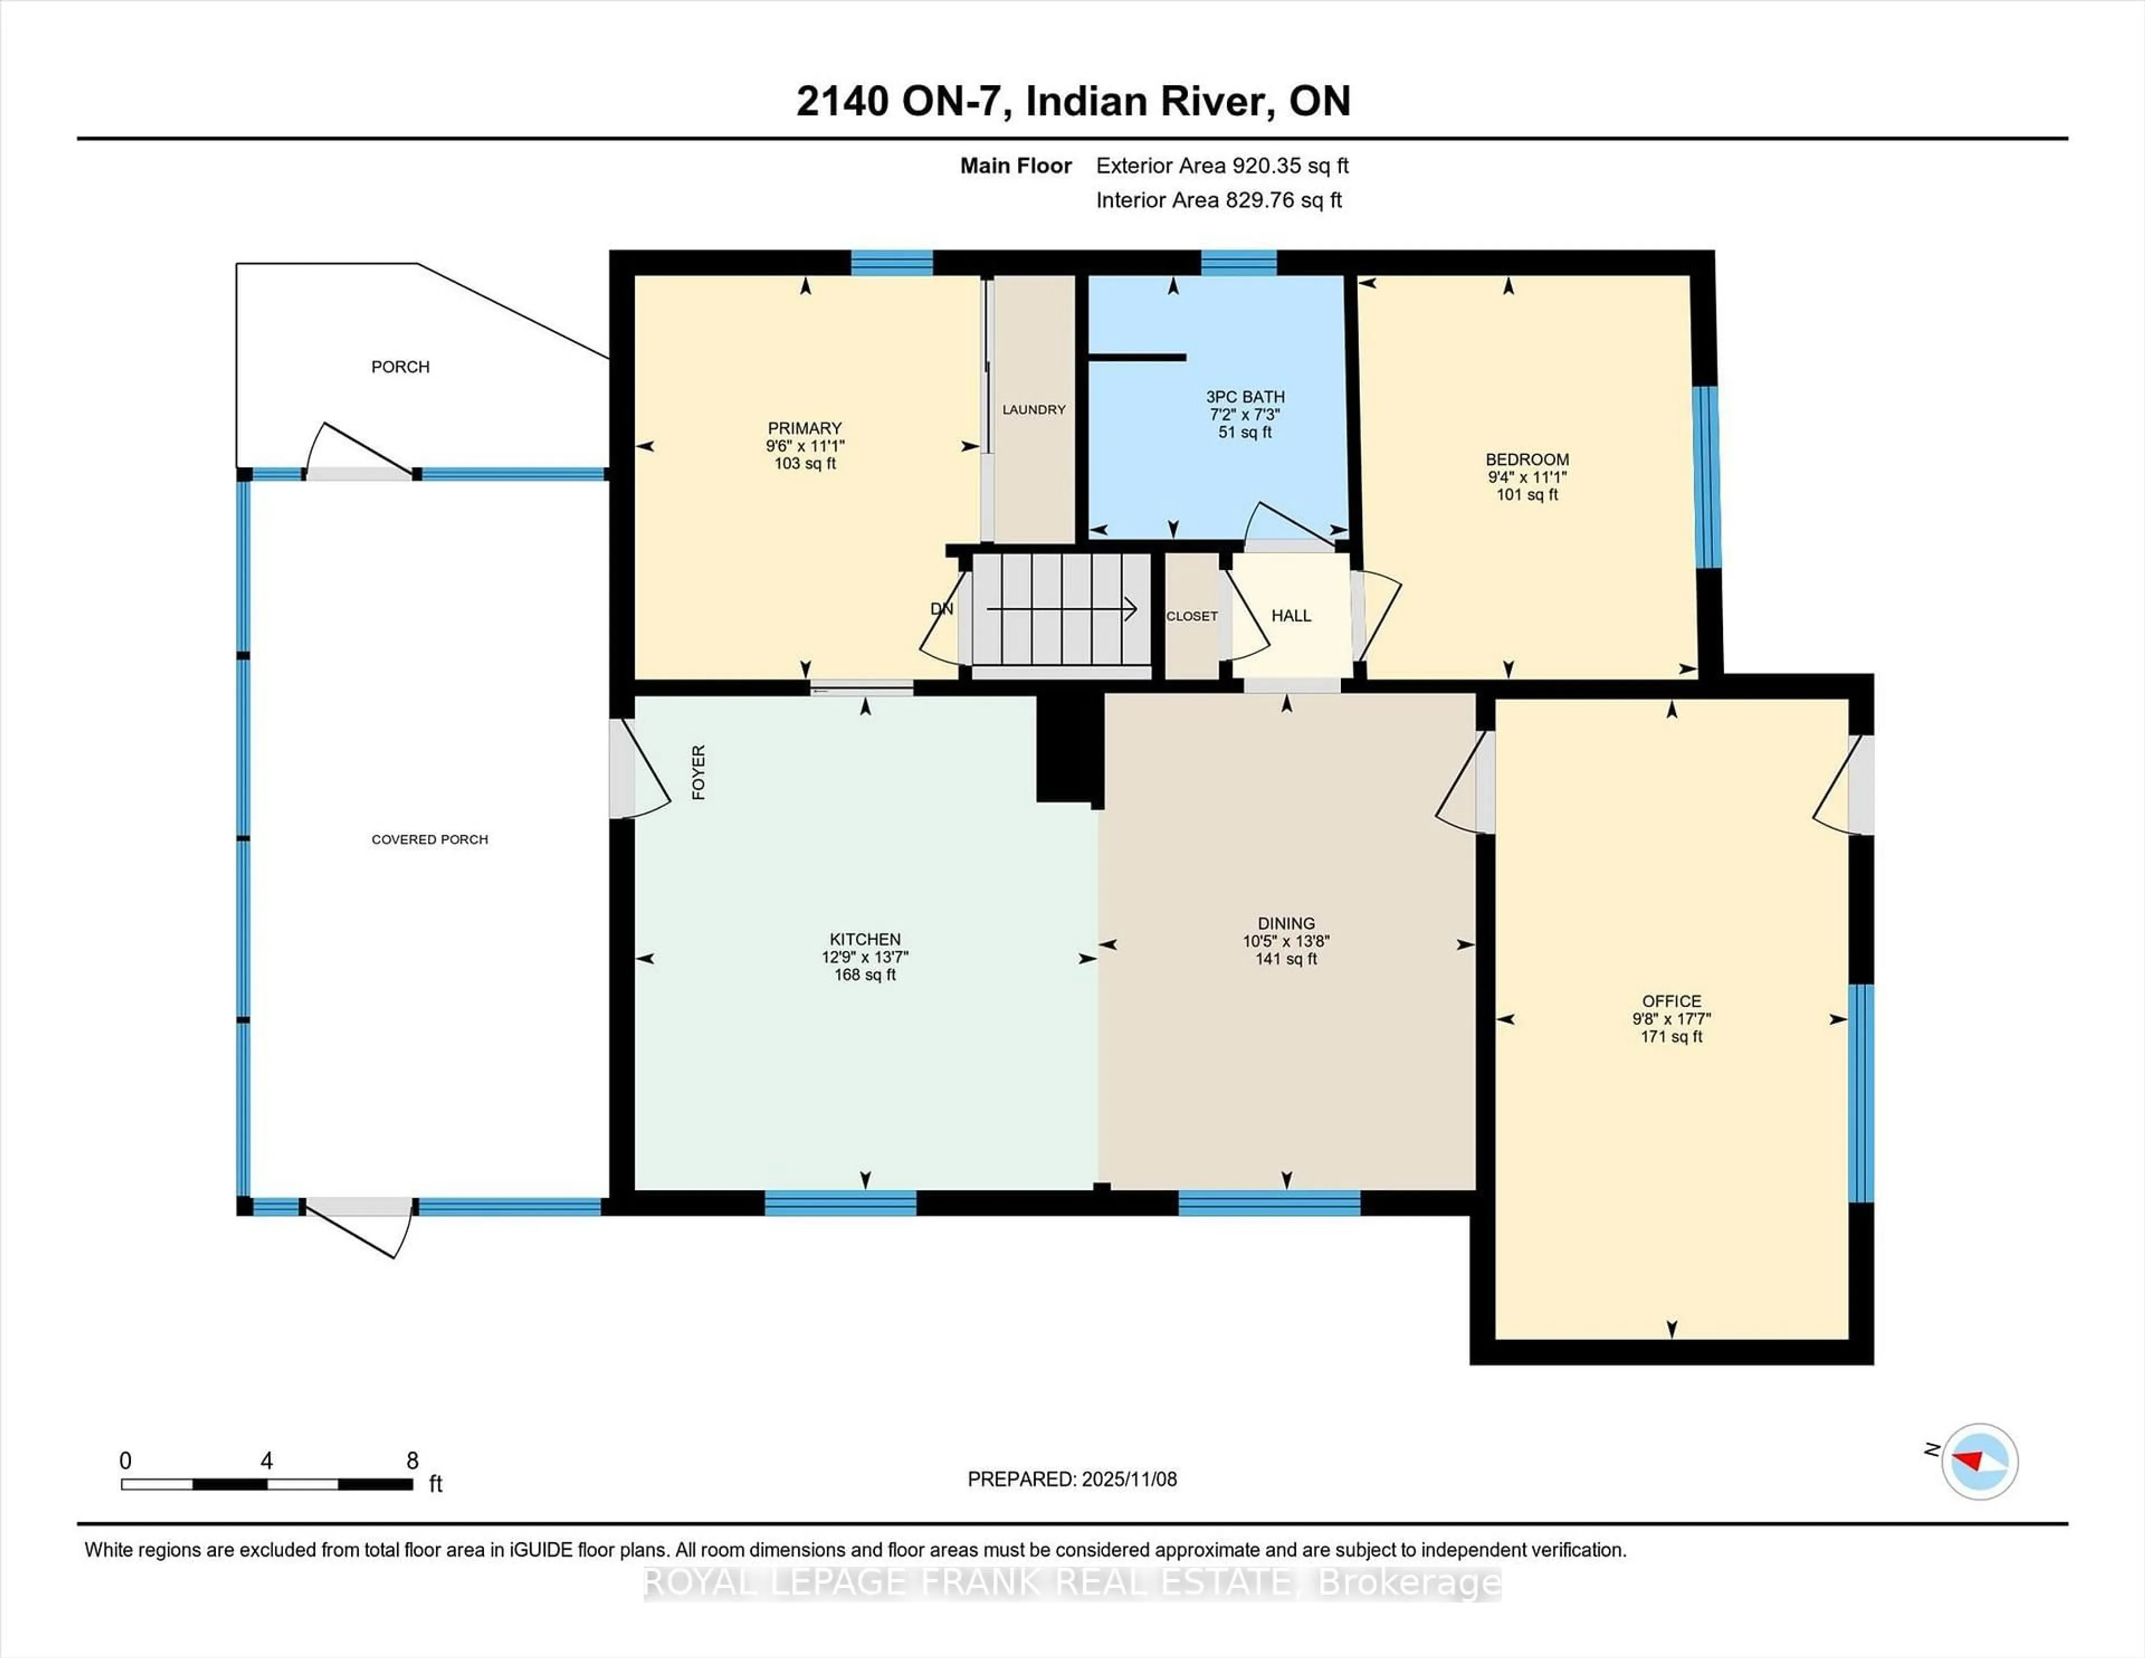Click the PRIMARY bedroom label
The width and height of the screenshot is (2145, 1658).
tap(804, 428)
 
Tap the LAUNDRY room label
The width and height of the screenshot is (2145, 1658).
tap(1033, 409)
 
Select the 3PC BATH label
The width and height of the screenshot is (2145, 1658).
tap(1245, 397)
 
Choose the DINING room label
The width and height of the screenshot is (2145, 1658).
tap(1286, 923)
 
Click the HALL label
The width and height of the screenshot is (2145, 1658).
tap(1290, 616)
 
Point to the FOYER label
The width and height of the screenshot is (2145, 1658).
tap(698, 772)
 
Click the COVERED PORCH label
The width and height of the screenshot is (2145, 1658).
tap(429, 840)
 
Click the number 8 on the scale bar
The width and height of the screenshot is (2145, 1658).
tap(412, 1461)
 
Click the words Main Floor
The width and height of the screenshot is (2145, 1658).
tap(1016, 166)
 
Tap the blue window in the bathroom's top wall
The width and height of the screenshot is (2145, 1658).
tap(1238, 262)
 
